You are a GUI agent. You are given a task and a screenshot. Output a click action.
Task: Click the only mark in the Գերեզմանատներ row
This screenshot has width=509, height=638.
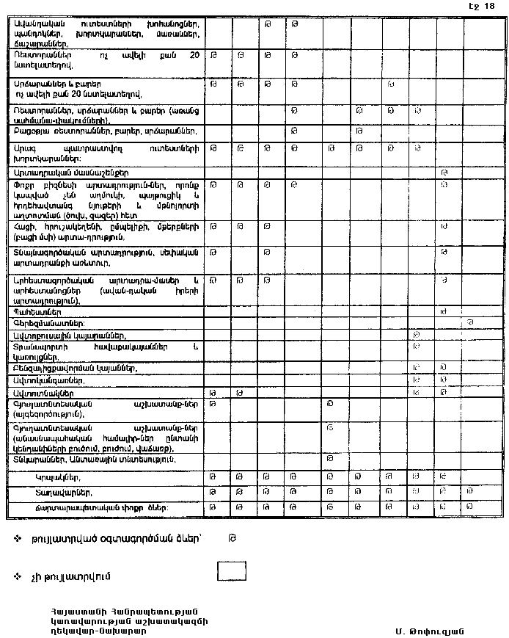(471, 322)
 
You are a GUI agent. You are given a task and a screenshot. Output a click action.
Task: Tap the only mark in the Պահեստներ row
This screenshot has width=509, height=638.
(444, 311)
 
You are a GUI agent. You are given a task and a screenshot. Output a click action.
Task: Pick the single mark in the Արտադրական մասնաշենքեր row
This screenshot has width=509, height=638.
(444, 172)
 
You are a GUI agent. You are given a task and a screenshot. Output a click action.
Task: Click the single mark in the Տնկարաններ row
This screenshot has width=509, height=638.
(331, 459)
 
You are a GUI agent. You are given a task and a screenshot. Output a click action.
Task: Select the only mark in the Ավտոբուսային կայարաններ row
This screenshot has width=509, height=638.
(416, 334)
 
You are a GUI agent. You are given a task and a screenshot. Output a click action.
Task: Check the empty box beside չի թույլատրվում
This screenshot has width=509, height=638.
(231, 571)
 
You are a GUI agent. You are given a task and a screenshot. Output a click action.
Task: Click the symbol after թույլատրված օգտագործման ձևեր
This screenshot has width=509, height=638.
(231, 537)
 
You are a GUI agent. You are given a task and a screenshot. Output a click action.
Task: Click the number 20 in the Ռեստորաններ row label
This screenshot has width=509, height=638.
(194, 54)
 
